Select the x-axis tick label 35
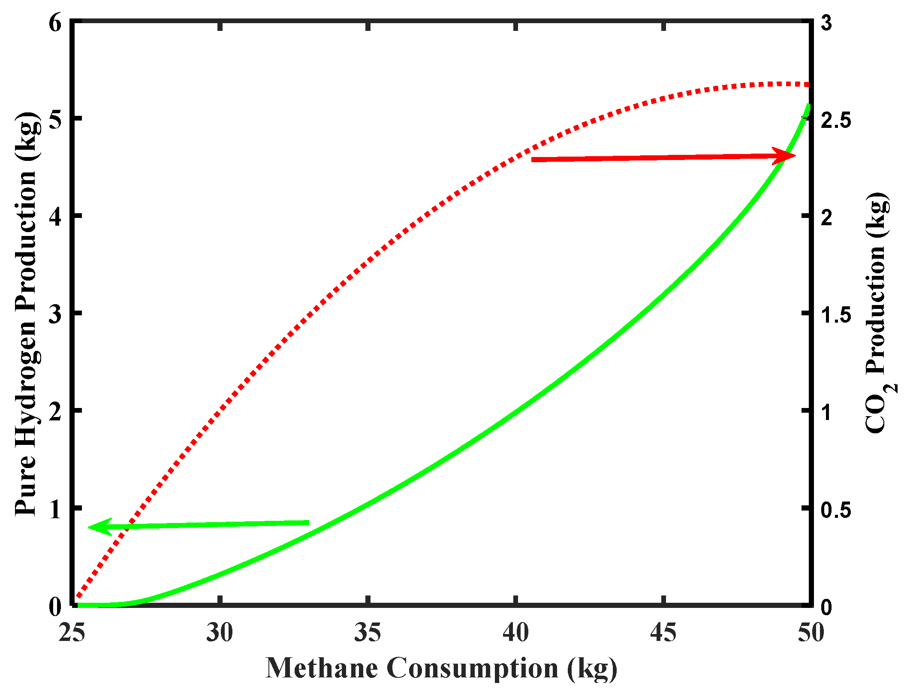[368, 632]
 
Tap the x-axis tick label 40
[515, 632]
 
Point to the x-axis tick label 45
[663, 632]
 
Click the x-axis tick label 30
[220, 632]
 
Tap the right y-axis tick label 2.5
[836, 121]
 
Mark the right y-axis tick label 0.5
[836, 510]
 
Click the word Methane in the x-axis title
[322, 668]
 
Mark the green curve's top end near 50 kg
[808, 106]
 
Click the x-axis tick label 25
[72, 632]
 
